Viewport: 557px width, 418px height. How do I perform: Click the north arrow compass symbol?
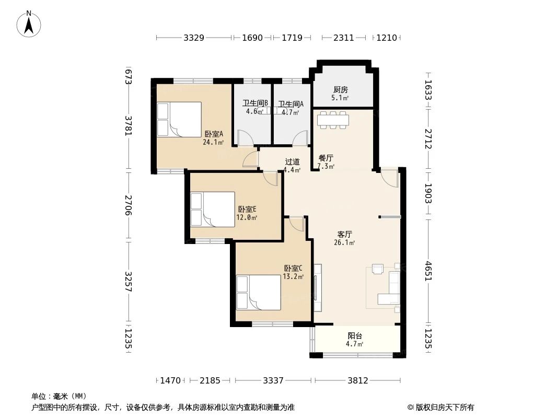[29, 24]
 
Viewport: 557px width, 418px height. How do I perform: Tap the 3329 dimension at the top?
[194, 38]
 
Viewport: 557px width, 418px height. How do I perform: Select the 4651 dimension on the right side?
[428, 271]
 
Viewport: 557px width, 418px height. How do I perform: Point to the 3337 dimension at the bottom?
[273, 381]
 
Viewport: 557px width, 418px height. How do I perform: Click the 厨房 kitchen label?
[340, 90]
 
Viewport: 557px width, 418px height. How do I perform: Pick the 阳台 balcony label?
[354, 336]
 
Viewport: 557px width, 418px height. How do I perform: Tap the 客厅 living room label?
[344, 235]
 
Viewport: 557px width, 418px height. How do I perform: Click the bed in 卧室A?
[179, 119]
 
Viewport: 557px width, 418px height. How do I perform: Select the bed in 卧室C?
[259, 293]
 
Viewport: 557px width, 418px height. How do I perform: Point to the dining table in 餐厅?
[333, 120]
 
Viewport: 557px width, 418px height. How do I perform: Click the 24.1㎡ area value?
[213, 143]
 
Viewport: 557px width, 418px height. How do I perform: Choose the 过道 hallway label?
[293, 162]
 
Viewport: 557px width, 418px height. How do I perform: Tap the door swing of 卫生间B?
[245, 138]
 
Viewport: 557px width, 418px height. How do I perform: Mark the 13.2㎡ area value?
[293, 276]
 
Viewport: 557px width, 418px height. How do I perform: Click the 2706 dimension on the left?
[129, 205]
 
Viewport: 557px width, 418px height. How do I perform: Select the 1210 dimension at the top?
[387, 38]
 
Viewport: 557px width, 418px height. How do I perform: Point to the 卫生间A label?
[291, 104]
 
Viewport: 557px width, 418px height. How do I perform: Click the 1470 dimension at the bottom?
[170, 381]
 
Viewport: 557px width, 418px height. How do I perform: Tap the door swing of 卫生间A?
[300, 138]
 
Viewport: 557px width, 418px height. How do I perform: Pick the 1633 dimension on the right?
[428, 90]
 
